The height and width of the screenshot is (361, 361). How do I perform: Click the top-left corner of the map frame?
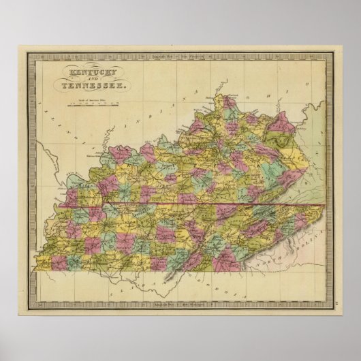[x=28, y=55]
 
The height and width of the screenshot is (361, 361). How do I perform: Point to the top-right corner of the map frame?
[x=331, y=55]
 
